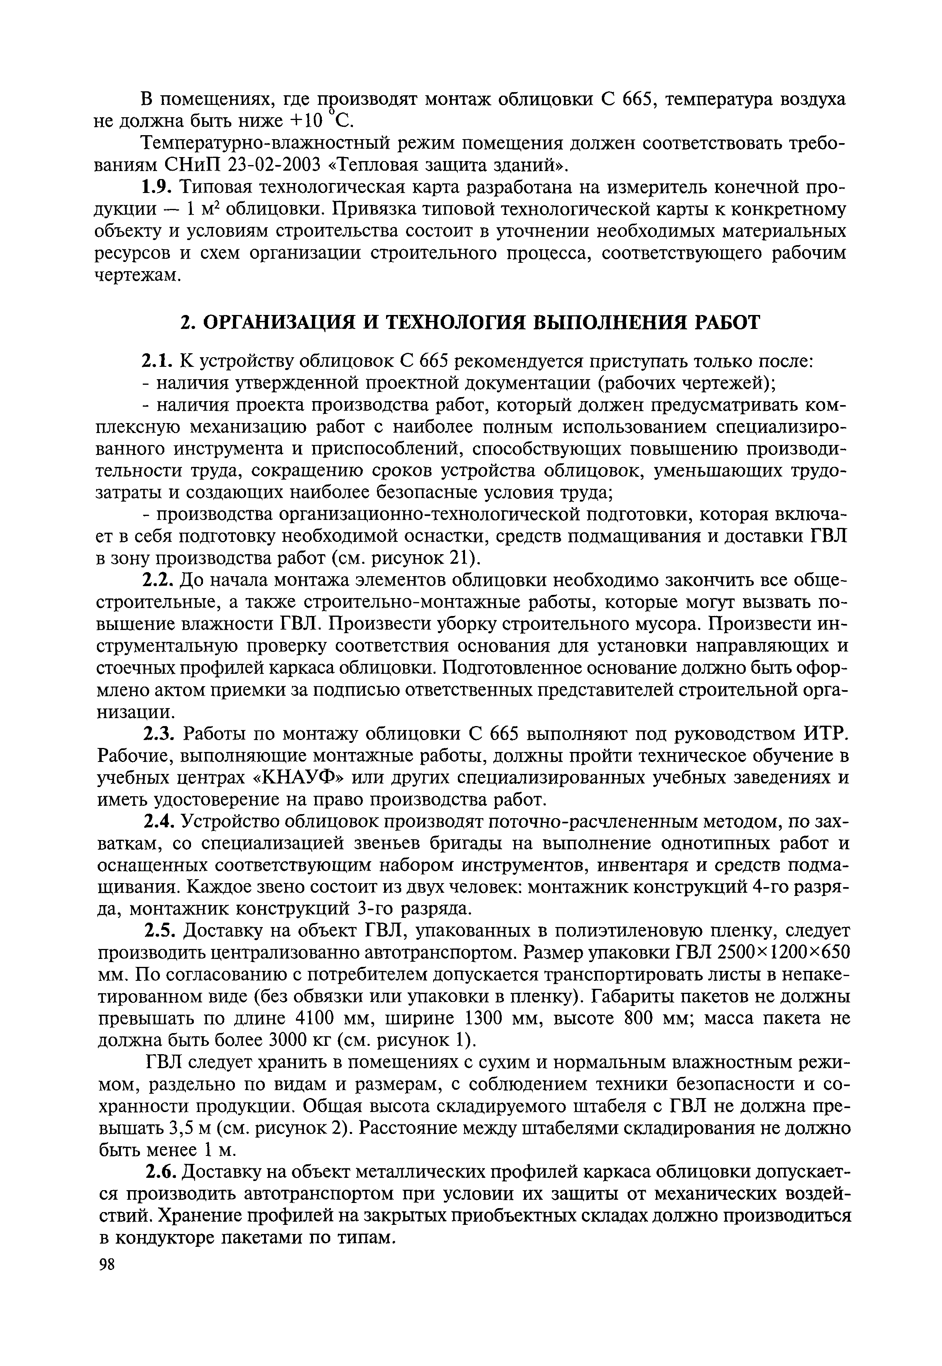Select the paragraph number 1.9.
[158, 187]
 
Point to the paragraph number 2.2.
[158, 581]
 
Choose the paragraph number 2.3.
[158, 734]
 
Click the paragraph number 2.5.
[158, 931]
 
